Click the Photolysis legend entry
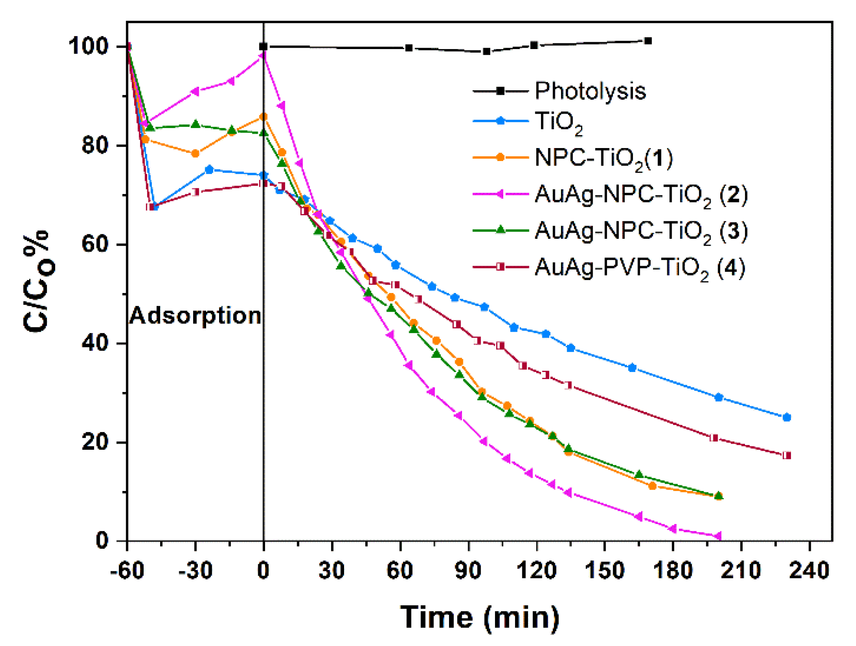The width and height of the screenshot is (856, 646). pyautogui.click(x=590, y=91)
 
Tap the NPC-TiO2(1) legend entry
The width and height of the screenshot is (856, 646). pyautogui.click(x=603, y=158)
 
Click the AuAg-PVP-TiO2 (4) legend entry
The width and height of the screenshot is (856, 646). pyautogui.click(x=640, y=267)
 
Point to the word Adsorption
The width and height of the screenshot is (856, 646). pyautogui.click(x=195, y=316)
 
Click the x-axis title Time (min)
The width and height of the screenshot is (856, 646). pyautogui.click(x=479, y=617)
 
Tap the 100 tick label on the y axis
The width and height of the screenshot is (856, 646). pyautogui.click(x=89, y=46)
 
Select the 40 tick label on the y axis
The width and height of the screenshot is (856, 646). pyautogui.click(x=95, y=343)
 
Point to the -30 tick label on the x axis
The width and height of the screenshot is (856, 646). pyautogui.click(x=195, y=570)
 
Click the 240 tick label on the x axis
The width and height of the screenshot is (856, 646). pyautogui.click(x=809, y=570)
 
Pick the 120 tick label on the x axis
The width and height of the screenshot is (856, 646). pyautogui.click(x=536, y=570)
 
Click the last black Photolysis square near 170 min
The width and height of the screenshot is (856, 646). pyautogui.click(x=648, y=41)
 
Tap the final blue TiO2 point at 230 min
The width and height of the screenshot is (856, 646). pyautogui.click(x=787, y=417)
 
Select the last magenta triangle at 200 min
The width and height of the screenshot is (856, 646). pyautogui.click(x=718, y=536)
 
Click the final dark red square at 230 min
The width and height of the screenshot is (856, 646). pyautogui.click(x=787, y=455)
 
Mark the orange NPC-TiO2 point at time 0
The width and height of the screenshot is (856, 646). pyautogui.click(x=263, y=117)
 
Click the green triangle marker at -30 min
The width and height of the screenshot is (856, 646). pyautogui.click(x=195, y=125)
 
